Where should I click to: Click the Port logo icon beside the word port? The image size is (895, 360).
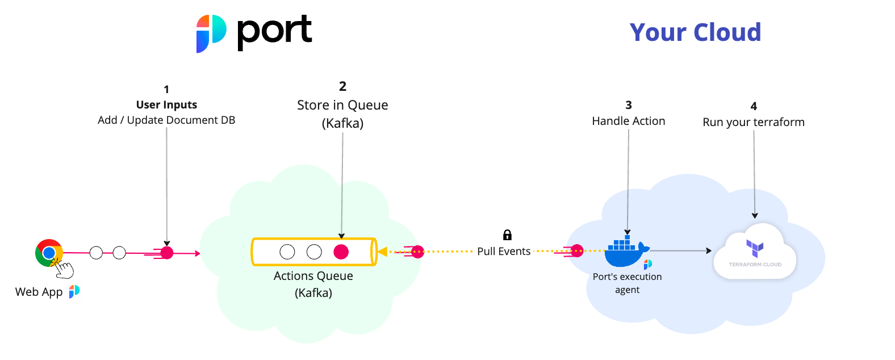(x=211, y=34)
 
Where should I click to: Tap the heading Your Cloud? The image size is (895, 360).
(x=695, y=32)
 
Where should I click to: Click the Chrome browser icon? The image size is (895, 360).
(x=49, y=253)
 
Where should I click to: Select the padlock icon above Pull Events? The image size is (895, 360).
(x=507, y=235)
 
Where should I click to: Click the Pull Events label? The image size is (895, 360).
(x=504, y=251)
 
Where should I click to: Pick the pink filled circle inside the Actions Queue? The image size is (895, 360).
(x=341, y=252)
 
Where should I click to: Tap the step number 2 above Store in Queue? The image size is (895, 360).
(x=342, y=86)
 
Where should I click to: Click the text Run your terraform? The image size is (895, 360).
(x=754, y=122)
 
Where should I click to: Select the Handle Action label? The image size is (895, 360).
(x=628, y=121)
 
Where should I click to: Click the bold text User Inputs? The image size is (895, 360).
(x=166, y=104)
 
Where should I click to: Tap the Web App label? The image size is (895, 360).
(x=39, y=292)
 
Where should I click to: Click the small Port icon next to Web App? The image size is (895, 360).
(x=74, y=291)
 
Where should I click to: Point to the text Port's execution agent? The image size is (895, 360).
(x=627, y=283)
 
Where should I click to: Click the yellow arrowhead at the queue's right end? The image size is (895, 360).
(x=382, y=252)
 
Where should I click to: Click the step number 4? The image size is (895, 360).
(x=754, y=106)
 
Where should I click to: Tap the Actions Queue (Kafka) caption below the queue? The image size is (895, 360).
(x=313, y=284)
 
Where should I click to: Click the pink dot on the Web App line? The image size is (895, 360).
(x=167, y=253)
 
